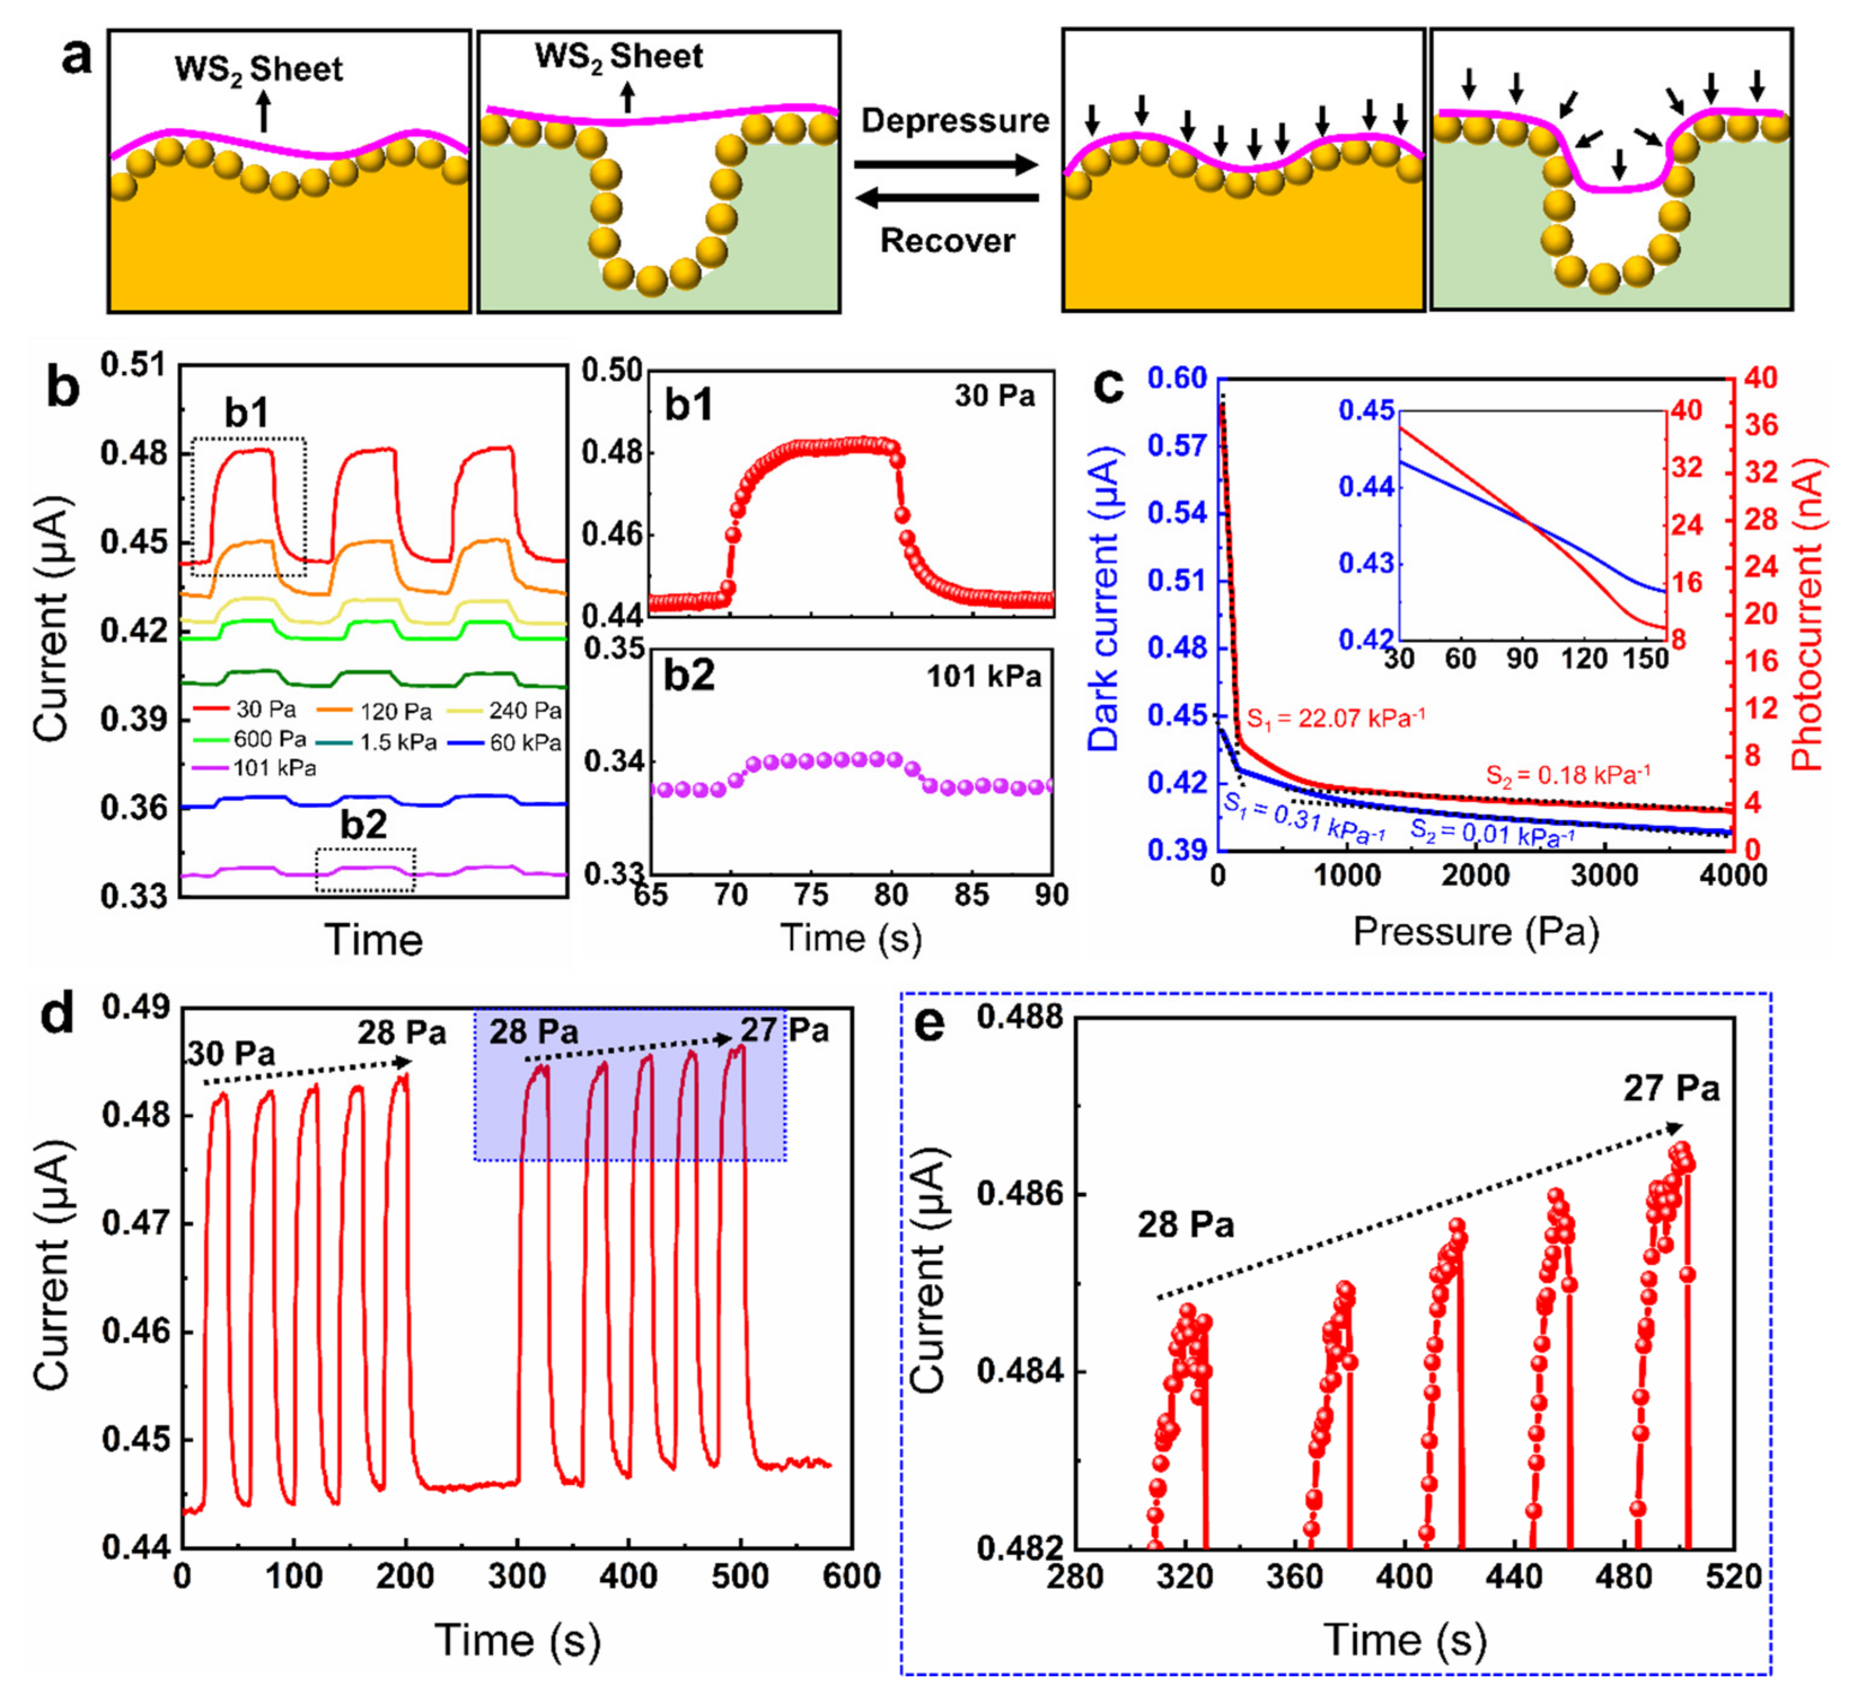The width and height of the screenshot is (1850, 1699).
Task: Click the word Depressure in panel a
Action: pos(954,121)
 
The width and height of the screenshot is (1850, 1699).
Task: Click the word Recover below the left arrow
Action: pos(948,241)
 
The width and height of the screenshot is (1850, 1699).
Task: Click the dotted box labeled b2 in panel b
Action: pos(365,870)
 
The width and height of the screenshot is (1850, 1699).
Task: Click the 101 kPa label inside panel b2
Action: pos(983,677)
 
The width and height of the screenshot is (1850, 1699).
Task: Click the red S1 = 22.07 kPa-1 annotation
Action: pos(1335,718)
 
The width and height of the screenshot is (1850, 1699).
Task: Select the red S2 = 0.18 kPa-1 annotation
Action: pos(1567,775)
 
